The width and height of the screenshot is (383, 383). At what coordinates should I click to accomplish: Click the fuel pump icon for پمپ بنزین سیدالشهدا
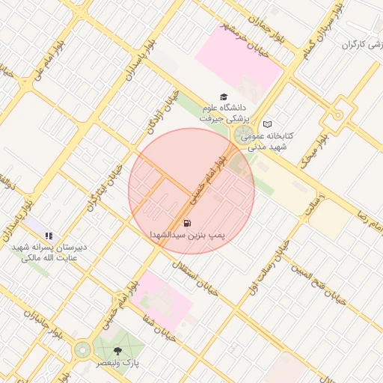coord(186,222)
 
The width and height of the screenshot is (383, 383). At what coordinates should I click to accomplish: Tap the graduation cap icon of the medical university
coord(222,96)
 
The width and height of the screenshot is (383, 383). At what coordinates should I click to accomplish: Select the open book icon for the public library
coord(267,123)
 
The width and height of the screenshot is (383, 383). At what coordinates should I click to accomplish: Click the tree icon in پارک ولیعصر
coord(117,350)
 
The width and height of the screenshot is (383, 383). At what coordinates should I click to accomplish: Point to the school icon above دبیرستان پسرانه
coord(49,236)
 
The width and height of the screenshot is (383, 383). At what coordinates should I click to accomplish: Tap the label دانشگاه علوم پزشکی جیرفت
coord(222,113)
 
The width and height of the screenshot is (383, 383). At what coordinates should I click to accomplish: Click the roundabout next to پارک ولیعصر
coord(82,349)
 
